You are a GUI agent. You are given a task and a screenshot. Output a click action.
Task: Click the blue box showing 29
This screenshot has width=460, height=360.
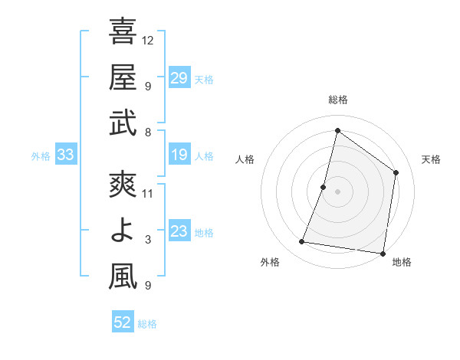click(x=179, y=77)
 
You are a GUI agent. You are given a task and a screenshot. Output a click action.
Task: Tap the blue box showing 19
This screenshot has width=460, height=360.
click(x=179, y=155)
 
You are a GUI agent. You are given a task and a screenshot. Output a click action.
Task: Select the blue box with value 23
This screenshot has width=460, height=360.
click(x=179, y=232)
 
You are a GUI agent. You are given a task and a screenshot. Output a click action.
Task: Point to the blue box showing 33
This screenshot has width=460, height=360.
click(x=66, y=155)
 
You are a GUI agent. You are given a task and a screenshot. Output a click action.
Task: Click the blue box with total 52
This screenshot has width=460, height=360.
click(x=123, y=322)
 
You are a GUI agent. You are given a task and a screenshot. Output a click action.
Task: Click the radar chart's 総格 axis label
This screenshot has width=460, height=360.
click(x=337, y=100)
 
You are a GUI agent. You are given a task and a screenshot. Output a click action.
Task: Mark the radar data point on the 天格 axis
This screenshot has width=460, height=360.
click(x=396, y=172)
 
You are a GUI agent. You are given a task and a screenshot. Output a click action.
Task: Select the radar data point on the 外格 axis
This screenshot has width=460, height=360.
click(x=302, y=242)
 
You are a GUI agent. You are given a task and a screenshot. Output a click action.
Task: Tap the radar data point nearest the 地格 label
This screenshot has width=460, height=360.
click(x=383, y=253)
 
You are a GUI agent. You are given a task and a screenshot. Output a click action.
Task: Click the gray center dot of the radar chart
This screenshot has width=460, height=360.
click(x=337, y=191)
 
